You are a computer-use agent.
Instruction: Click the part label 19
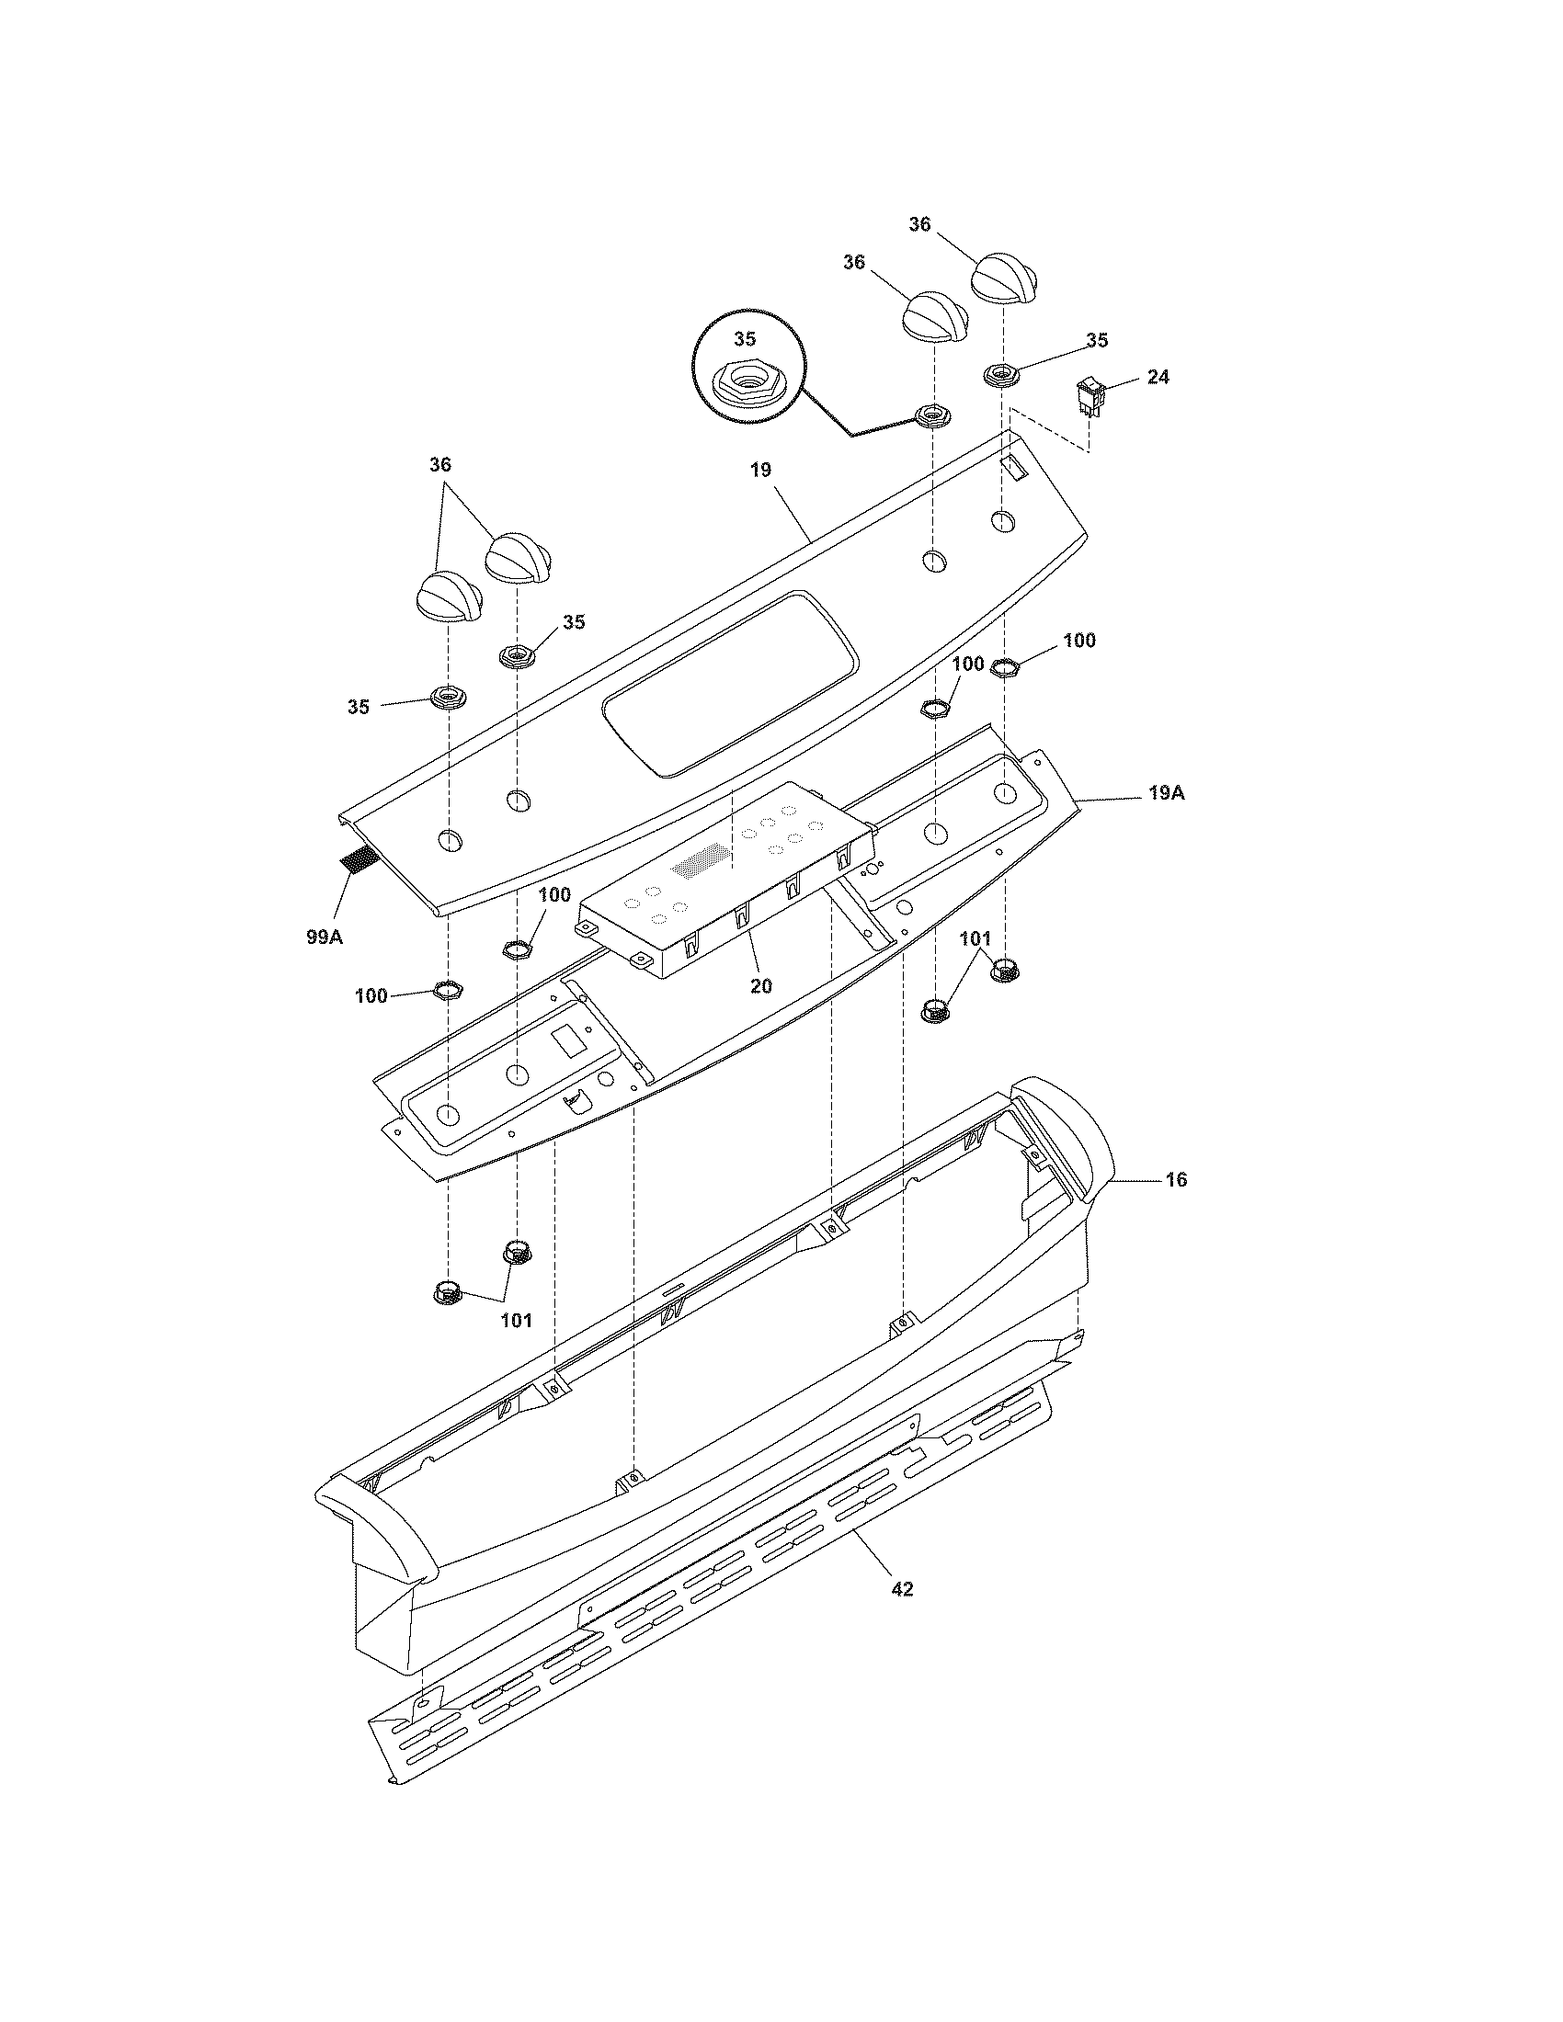(759, 471)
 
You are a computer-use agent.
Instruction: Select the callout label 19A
(1166, 793)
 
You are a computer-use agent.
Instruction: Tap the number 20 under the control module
(760, 986)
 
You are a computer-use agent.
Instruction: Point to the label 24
(1158, 377)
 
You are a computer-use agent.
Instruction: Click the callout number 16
(1176, 1180)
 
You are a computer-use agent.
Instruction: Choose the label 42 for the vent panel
(902, 1590)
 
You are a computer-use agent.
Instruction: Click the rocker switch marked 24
(1090, 399)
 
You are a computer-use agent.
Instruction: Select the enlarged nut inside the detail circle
(745, 380)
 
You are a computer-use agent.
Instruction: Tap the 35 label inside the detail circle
(745, 339)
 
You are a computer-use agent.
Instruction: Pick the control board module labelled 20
(727, 880)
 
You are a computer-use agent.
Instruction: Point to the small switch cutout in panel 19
(1015, 469)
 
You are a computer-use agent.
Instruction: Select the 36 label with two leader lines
(439, 465)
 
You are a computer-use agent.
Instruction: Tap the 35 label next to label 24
(1096, 341)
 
